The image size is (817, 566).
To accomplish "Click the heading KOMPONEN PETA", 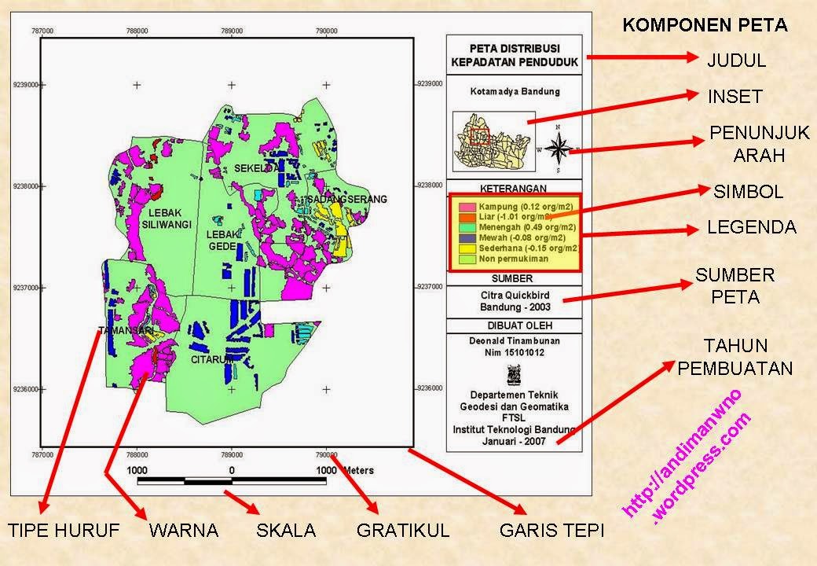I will coord(705,24).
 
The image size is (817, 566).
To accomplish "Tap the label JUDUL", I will coord(736,60).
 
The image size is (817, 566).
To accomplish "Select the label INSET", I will coord(735,97).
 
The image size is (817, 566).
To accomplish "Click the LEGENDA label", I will coord(752,227).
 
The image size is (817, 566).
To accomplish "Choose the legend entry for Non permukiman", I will coord(514,258).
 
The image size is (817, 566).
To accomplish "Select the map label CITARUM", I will coord(212,359).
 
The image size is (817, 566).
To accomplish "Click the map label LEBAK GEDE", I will coord(222,241).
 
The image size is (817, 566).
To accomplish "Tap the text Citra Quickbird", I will coord(512,295).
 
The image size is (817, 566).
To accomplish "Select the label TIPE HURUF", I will coord(64,531).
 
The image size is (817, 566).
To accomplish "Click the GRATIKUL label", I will coord(403,531).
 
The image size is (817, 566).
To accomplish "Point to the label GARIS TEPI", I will coord(551,531).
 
